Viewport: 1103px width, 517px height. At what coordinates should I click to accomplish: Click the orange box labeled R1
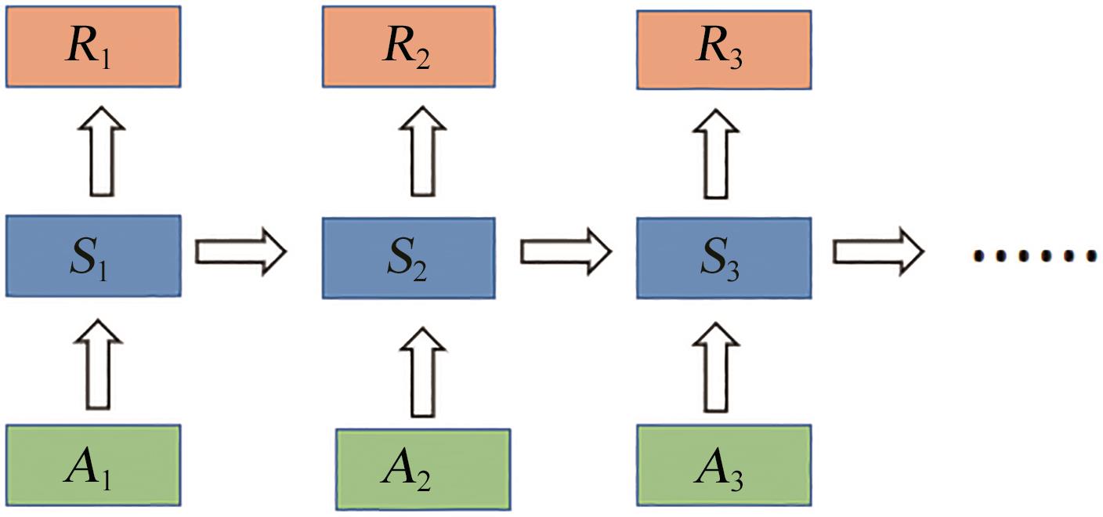click(x=93, y=46)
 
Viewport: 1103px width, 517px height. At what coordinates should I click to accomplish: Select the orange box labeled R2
click(x=408, y=46)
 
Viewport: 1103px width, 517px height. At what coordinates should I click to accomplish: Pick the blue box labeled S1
click(x=93, y=256)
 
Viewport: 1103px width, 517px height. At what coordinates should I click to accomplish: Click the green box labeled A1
click(x=93, y=465)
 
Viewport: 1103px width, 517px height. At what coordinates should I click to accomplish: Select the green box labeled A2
click(x=423, y=468)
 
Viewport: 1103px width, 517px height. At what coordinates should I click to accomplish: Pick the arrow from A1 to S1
click(x=98, y=364)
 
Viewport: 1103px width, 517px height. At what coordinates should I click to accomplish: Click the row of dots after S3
click(x=1034, y=255)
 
